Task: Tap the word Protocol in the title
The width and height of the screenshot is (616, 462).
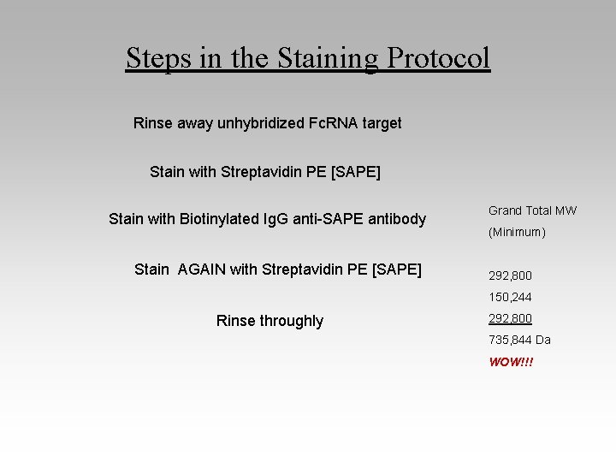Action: tap(438, 58)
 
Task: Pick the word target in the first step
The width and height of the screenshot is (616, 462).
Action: tap(382, 123)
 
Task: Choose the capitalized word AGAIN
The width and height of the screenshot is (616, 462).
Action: tap(202, 269)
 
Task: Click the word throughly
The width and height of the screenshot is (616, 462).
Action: tap(287, 321)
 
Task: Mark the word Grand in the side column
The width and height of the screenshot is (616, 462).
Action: tap(505, 210)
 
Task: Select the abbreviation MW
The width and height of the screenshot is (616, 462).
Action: tap(566, 210)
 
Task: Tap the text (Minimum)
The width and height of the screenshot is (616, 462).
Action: tap(517, 232)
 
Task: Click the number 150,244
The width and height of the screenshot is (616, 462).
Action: tap(510, 297)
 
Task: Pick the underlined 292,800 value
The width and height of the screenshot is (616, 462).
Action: tap(510, 318)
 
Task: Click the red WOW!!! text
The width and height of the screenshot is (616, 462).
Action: tap(511, 362)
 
